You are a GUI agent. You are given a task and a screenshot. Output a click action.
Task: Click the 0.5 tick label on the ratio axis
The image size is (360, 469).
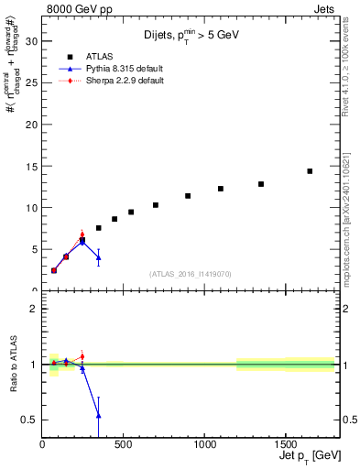tap(27, 420)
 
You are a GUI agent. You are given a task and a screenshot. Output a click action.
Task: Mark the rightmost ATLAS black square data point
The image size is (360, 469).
tap(310, 171)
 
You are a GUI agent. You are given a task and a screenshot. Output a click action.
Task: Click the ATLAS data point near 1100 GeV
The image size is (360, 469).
tap(221, 189)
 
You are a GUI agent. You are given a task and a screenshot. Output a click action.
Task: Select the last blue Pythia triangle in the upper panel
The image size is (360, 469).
tap(98, 257)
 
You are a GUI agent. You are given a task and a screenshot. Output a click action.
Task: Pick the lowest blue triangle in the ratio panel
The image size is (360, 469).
tap(98, 415)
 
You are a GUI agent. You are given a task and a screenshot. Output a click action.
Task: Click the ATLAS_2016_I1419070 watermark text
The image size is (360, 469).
tap(190, 273)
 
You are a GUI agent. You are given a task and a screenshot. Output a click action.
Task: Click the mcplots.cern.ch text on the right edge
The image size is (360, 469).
tap(351, 238)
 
